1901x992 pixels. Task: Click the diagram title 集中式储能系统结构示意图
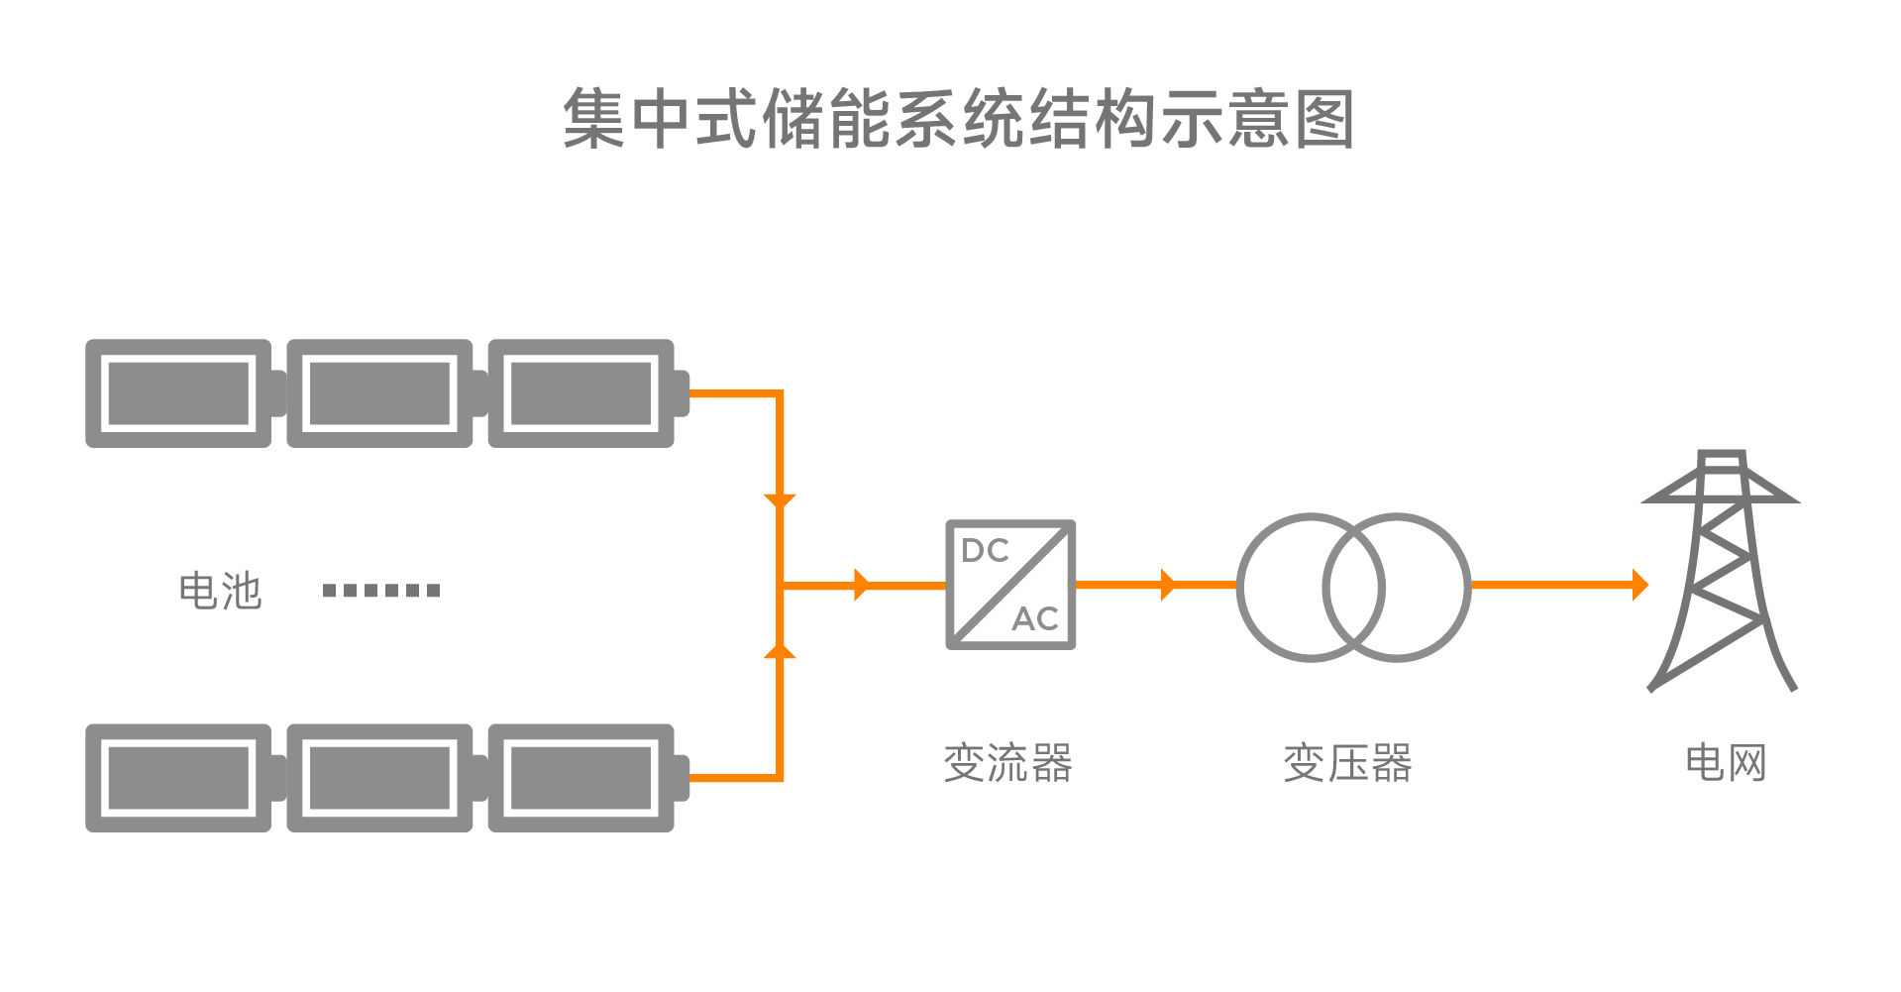tap(958, 119)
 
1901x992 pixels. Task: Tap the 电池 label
tap(220, 591)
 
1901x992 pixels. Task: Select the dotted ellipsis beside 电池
tap(381, 591)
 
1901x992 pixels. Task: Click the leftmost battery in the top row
tap(179, 393)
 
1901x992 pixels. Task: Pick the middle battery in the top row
tap(380, 393)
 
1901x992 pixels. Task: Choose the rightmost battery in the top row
tap(582, 393)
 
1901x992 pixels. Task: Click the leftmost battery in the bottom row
tap(179, 778)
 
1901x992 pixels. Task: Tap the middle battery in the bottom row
tap(380, 778)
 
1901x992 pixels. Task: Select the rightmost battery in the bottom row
tap(582, 778)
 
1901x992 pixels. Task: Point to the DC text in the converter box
tap(985, 551)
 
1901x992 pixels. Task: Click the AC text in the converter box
tap(1035, 619)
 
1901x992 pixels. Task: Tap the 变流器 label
tap(1008, 763)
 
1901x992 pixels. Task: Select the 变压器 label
tap(1348, 763)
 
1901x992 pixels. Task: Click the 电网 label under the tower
tap(1726, 763)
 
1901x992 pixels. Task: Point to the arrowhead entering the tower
tap(1639, 585)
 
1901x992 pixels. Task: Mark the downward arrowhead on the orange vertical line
tap(780, 500)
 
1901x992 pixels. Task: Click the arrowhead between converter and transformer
tap(1167, 585)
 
